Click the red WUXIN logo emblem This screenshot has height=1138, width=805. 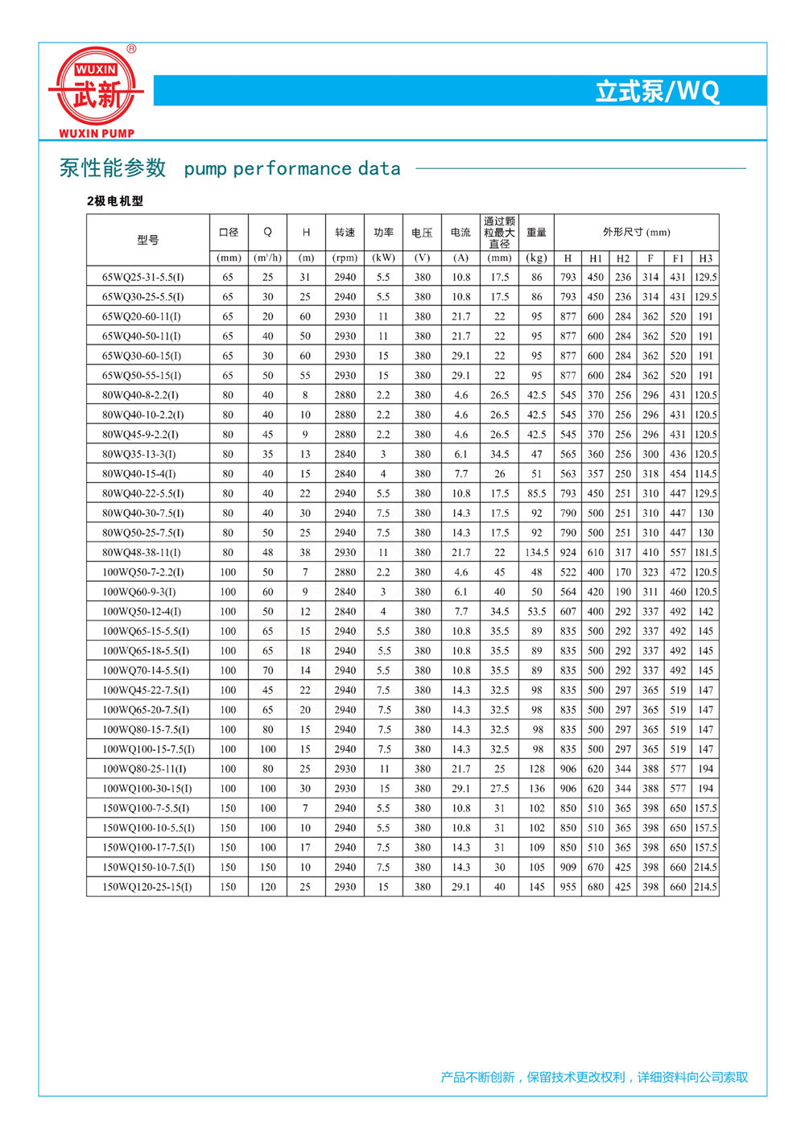click(96, 87)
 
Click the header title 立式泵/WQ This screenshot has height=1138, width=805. click(657, 91)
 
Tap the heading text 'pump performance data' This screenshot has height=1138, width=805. click(291, 169)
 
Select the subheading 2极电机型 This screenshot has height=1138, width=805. click(115, 201)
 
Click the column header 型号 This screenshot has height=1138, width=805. click(148, 240)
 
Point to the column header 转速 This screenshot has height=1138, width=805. click(345, 233)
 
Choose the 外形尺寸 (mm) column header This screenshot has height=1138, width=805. click(636, 233)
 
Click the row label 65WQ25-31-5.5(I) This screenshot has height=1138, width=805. click(142, 277)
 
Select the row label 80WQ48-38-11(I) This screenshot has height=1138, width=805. click(141, 553)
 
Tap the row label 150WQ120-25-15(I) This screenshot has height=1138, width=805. click(147, 887)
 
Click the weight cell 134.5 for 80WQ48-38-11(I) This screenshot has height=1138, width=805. click(536, 553)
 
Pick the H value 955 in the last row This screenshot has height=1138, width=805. click(568, 887)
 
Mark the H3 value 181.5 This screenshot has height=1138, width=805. click(705, 553)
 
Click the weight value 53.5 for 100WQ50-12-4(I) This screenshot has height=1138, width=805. click(536, 612)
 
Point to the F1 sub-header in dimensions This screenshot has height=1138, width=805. click(678, 258)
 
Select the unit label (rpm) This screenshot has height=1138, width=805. click(345, 258)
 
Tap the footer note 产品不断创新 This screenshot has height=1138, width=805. click(477, 1077)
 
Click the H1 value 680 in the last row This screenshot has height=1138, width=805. click(595, 887)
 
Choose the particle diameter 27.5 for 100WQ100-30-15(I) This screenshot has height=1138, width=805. click(499, 789)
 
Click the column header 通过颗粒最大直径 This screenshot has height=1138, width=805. click(499, 233)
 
